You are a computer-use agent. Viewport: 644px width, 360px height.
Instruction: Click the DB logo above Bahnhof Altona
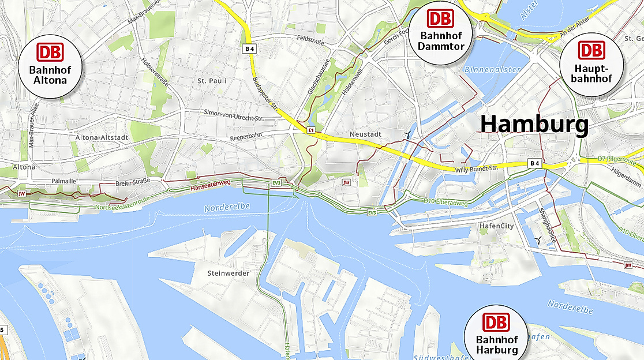click(51, 52)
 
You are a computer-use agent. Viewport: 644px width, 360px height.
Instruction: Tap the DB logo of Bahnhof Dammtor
click(441, 18)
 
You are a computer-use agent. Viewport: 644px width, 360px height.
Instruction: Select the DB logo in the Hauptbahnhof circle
click(591, 50)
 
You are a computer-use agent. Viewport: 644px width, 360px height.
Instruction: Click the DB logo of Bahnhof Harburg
click(497, 322)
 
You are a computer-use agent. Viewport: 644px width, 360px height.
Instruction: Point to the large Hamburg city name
click(534, 124)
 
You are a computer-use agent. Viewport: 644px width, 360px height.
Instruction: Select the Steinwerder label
click(229, 273)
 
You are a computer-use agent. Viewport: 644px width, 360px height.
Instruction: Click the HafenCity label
click(496, 226)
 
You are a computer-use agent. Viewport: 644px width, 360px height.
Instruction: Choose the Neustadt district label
click(365, 134)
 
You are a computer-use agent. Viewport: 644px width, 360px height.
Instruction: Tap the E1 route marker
click(310, 131)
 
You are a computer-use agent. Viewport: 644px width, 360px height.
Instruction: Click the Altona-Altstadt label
click(100, 137)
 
